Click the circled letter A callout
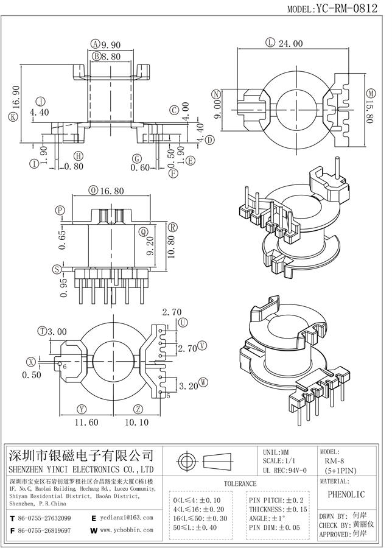96,43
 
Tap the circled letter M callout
371,93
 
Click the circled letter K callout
13,116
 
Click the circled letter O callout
92,191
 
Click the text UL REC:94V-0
285,471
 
